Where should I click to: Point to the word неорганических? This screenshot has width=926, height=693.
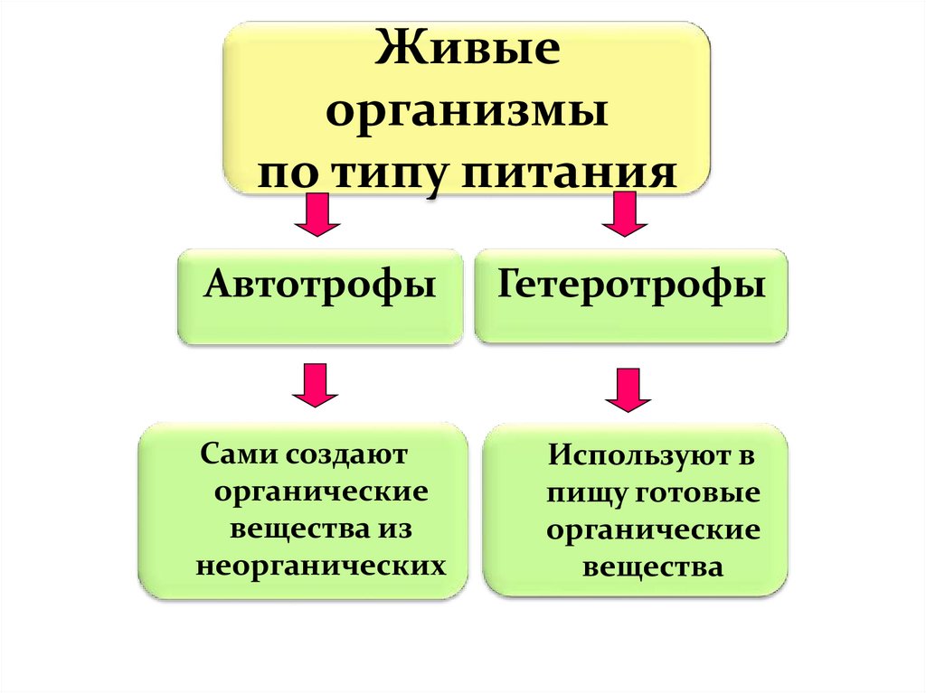point(320,566)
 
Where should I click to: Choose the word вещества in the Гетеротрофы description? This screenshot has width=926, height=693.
point(652,568)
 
